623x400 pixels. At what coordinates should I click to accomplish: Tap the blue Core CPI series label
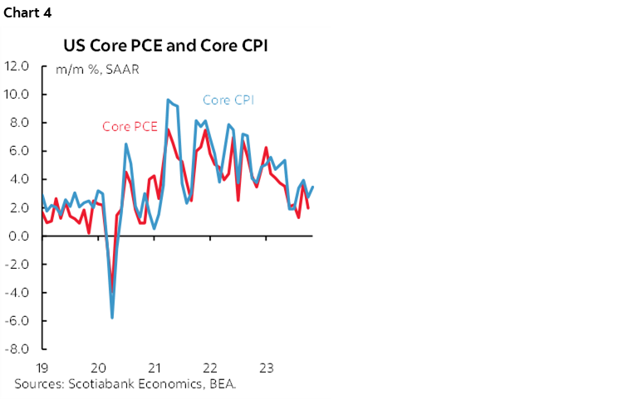pyautogui.click(x=228, y=100)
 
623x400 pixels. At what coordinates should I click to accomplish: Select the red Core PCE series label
pyautogui.click(x=130, y=127)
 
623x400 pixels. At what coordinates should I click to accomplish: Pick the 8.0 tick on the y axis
pyautogui.click(x=18, y=123)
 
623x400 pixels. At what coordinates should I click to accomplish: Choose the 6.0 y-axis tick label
pyautogui.click(x=18, y=151)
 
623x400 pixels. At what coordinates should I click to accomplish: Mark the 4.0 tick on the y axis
pyautogui.click(x=18, y=179)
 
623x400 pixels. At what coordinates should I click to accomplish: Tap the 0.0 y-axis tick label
pyautogui.click(x=18, y=236)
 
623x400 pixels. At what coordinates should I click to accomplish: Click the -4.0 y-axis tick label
pyautogui.click(x=17, y=292)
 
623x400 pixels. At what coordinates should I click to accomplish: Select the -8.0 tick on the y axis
pyautogui.click(x=17, y=349)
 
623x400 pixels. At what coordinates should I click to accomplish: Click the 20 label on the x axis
pyautogui.click(x=97, y=367)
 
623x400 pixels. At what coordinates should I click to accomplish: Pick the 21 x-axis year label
pyautogui.click(x=154, y=367)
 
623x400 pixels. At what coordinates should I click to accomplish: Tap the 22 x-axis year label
pyautogui.click(x=210, y=367)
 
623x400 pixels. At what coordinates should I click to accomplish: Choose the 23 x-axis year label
pyautogui.click(x=267, y=367)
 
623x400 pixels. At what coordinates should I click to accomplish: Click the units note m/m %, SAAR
pyautogui.click(x=97, y=70)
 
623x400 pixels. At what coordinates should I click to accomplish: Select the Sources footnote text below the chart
pyautogui.click(x=130, y=383)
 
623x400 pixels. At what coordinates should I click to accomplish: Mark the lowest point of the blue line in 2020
pyautogui.click(x=112, y=317)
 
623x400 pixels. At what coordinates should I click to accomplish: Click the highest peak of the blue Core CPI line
pyautogui.click(x=169, y=100)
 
